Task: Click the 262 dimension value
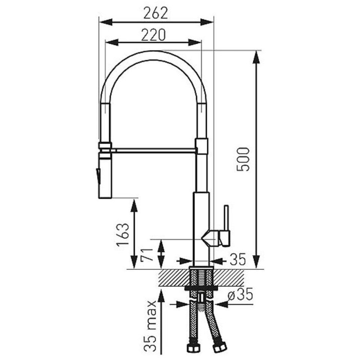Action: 156,13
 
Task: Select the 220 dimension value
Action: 153,35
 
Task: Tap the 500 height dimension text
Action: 243,159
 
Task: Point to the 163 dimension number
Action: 123,235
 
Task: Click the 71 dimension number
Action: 147,255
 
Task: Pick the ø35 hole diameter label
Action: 240,294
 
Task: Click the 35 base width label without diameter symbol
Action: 238,259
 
